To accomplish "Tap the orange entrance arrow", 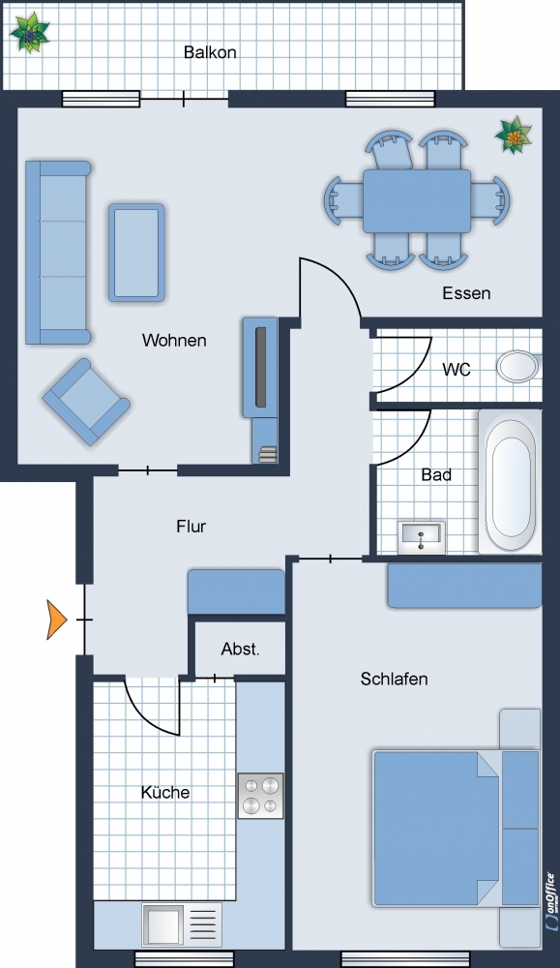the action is [56, 620].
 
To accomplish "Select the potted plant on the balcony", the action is [29, 33].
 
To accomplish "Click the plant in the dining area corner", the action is [514, 135].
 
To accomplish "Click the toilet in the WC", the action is [519, 366].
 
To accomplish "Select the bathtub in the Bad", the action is [510, 481].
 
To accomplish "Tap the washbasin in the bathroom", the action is [422, 537].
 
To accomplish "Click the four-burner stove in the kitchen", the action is [261, 796].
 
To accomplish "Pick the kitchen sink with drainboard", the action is [181, 924].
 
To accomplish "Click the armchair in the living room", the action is [86, 402].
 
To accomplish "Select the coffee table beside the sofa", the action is [136, 253].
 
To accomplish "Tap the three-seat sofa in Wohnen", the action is [57, 252].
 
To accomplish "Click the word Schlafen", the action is [394, 679].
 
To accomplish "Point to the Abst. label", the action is [241, 649].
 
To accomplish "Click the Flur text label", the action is [192, 527].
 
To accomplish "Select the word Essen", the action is [466, 292].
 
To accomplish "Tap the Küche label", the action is [165, 792].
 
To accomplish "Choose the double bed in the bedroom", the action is [456, 828].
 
